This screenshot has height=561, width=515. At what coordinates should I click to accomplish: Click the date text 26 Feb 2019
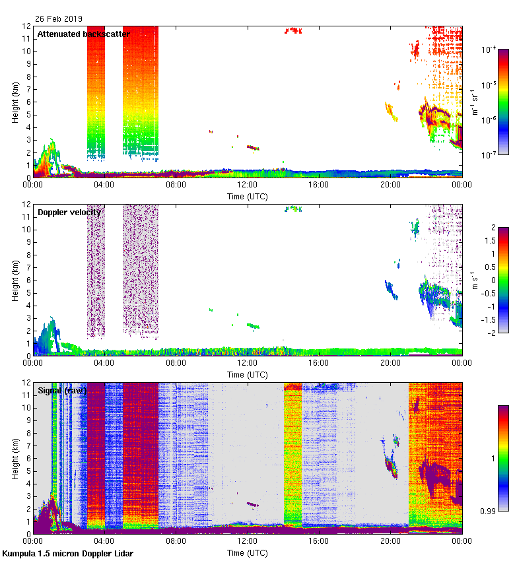(59, 19)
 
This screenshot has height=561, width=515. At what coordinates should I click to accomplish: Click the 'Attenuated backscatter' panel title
(83, 34)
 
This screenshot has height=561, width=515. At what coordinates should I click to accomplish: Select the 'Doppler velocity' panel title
(69, 212)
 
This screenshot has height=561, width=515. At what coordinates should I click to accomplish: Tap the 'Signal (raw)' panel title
(62, 390)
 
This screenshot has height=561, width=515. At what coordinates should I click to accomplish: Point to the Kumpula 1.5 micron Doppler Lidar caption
(68, 553)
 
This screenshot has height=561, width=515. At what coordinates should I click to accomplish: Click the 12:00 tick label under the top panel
(248, 185)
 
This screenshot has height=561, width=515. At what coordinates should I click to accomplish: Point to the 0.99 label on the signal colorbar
(489, 511)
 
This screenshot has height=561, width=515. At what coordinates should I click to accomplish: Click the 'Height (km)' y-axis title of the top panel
(15, 102)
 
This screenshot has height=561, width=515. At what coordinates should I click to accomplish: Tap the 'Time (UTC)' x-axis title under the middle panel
(248, 374)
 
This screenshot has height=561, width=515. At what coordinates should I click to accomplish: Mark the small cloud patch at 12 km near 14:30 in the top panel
(292, 30)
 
